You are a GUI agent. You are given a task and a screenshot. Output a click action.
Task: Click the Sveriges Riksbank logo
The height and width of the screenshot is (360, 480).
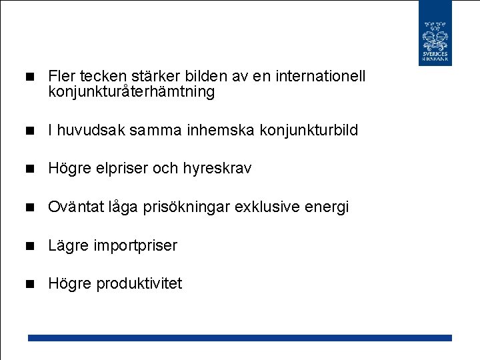pyautogui.click(x=435, y=33)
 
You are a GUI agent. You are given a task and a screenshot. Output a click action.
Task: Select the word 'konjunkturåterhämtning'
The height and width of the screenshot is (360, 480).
pyautogui.click(x=131, y=92)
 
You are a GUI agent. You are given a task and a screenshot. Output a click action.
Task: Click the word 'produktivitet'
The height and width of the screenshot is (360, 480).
pyautogui.click(x=139, y=284)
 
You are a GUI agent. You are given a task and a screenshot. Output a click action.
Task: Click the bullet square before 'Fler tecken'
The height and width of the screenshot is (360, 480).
pyautogui.click(x=29, y=77)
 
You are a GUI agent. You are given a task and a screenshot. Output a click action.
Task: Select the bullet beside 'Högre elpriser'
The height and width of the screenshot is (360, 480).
pyautogui.click(x=29, y=169)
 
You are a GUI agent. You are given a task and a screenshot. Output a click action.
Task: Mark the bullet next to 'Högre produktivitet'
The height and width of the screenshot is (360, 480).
pyautogui.click(x=29, y=285)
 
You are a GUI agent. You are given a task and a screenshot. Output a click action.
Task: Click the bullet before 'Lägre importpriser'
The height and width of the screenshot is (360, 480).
pyautogui.click(x=29, y=246)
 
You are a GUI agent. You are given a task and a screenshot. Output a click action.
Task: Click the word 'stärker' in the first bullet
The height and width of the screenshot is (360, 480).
pyautogui.click(x=148, y=77)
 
